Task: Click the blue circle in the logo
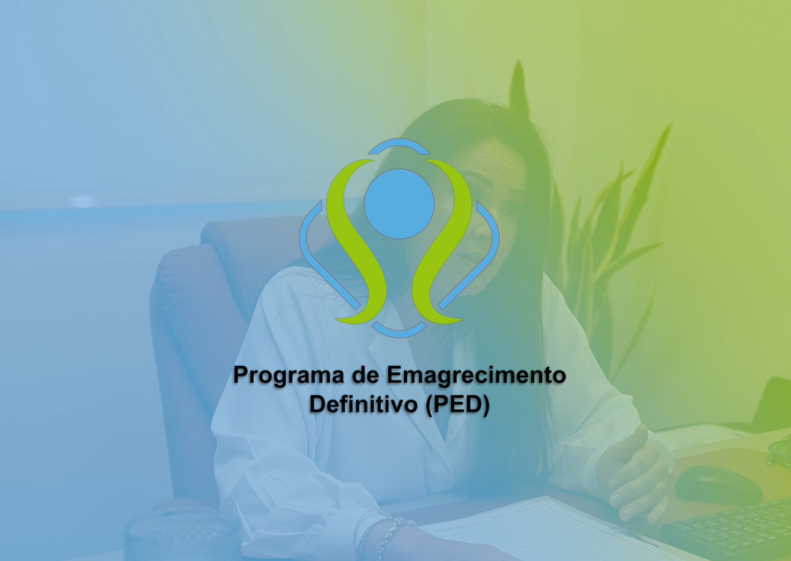pyautogui.click(x=399, y=204)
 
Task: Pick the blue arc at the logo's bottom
pyautogui.click(x=399, y=329)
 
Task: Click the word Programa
pyautogui.click(x=282, y=375)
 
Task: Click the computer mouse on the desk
pyautogui.click(x=718, y=484)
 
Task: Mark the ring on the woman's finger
pyautogui.click(x=659, y=486)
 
